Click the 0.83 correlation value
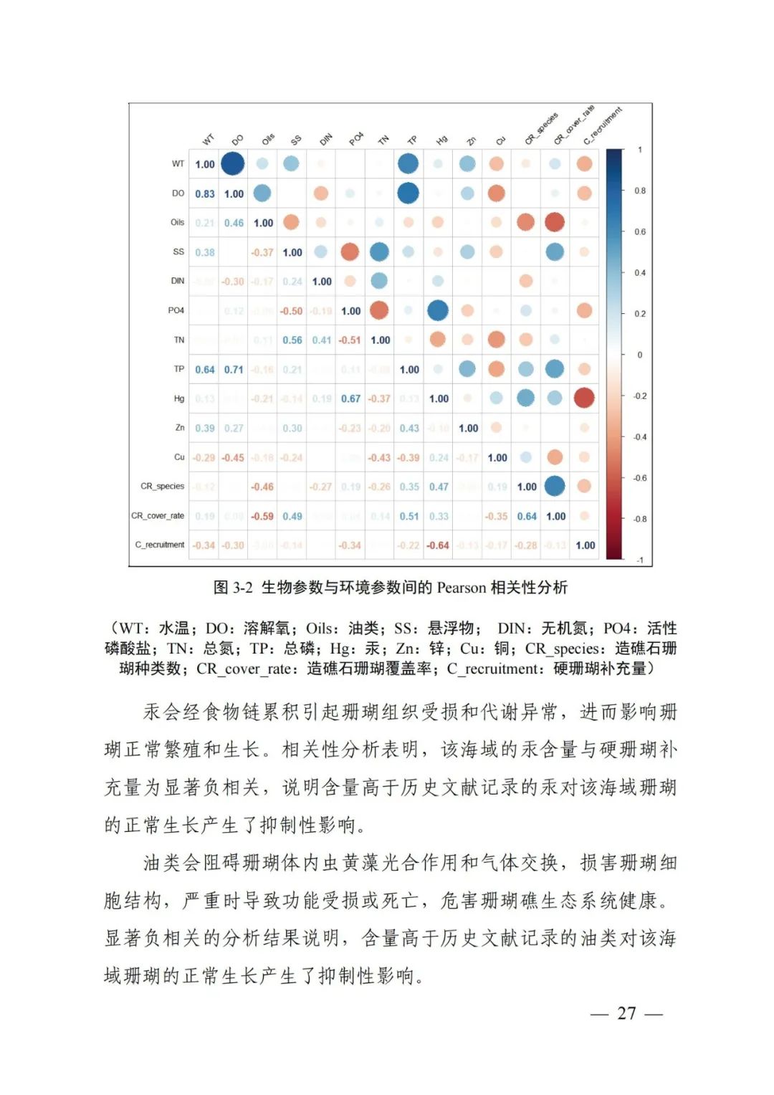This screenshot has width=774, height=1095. coord(205,193)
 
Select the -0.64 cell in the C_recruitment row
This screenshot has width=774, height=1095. coord(438,545)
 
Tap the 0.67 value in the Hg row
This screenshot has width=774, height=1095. coord(350,398)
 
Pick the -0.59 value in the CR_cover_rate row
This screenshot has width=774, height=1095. coord(262,516)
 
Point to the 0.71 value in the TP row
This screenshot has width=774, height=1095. coord(234,370)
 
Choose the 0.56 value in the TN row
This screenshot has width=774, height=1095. coord(292,340)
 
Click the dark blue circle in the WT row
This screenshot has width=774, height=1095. coord(233,163)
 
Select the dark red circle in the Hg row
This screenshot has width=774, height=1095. coord(584,398)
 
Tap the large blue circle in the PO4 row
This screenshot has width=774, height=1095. coord(438,310)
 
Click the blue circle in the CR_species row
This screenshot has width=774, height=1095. coord(555,486)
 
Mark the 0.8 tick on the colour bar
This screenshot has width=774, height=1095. coord(639,191)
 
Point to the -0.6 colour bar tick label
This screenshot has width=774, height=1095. coord(639,478)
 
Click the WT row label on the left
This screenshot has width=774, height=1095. coord(178,164)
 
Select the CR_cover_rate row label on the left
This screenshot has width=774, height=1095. coord(158,516)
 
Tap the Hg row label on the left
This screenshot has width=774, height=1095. coord(179,398)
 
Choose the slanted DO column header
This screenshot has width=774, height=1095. coord(237,140)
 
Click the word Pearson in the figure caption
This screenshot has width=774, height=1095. coord(462,588)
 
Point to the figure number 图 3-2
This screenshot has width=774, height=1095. coord(234,588)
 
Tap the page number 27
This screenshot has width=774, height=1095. coord(626,1013)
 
